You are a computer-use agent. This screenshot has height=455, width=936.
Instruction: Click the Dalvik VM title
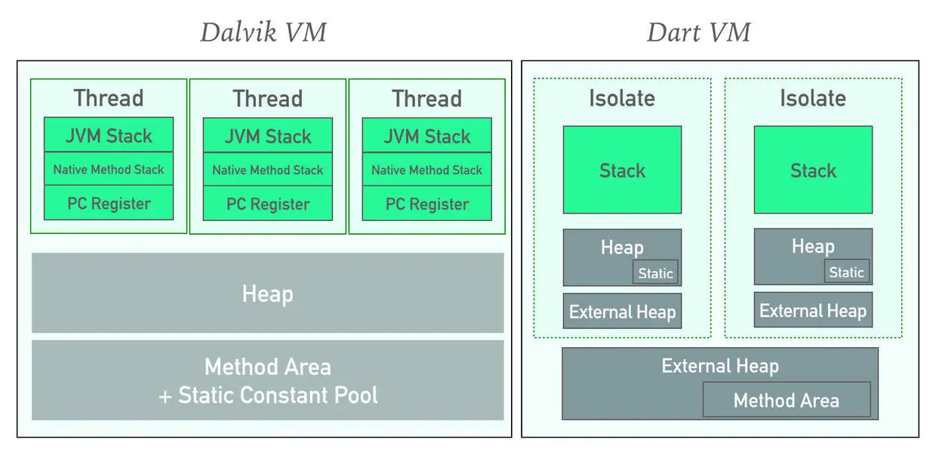[x=263, y=33]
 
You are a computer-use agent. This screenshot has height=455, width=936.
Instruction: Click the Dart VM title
[x=698, y=33]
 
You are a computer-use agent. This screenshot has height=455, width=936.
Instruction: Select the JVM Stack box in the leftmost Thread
[x=109, y=136]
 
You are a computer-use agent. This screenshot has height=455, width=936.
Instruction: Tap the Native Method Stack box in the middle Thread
[x=268, y=170]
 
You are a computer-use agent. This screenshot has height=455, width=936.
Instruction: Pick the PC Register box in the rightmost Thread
[x=426, y=204]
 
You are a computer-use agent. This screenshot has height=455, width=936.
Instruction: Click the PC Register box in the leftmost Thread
[x=109, y=204]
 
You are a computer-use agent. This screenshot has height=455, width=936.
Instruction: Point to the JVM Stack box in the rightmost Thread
[x=426, y=136]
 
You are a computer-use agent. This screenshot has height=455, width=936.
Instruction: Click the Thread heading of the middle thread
[x=267, y=99]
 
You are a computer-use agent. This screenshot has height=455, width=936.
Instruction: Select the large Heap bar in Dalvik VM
[x=267, y=293]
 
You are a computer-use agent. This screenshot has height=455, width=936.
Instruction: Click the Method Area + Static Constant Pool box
[x=267, y=380]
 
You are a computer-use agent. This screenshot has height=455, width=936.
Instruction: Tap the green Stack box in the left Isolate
[x=622, y=170]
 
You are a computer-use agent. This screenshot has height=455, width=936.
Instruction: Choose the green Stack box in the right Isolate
[x=813, y=170]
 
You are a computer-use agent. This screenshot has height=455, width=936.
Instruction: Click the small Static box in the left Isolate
[x=655, y=273]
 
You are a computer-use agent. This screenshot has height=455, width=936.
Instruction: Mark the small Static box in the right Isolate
[x=846, y=272]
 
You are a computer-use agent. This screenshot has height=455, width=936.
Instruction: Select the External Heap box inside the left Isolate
[x=622, y=312]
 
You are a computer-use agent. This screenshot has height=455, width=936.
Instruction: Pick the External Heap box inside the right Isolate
[x=813, y=311]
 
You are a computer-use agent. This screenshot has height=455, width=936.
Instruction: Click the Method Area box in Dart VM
[x=786, y=400]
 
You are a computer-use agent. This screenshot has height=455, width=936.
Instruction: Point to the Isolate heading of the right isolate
[x=813, y=98]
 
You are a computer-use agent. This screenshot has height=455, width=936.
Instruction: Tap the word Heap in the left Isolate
[x=622, y=247]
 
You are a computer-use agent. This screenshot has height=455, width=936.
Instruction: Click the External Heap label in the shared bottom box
[x=719, y=366]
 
